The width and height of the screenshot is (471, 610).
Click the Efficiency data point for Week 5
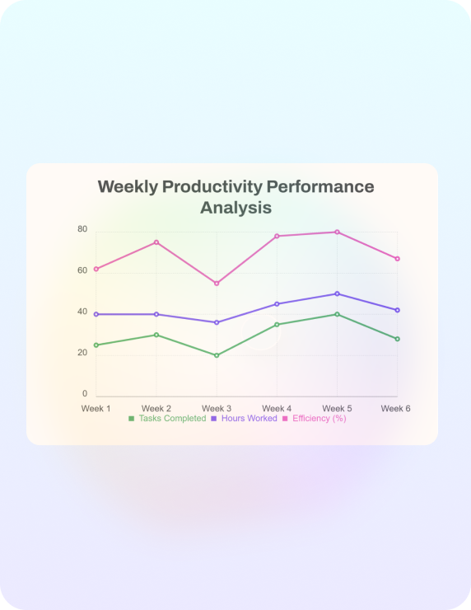tap(337, 232)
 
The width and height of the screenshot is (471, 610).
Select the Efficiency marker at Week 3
tap(217, 284)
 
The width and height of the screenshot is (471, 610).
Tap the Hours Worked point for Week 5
tap(337, 293)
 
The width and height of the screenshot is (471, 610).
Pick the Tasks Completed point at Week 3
tap(217, 355)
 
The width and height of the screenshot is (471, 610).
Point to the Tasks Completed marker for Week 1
tap(96, 345)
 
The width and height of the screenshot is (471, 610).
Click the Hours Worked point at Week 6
tap(397, 310)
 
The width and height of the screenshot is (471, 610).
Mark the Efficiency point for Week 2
tap(156, 242)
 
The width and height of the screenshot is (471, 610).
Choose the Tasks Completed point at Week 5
tap(337, 314)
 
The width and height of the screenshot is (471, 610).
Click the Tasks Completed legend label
tap(173, 419)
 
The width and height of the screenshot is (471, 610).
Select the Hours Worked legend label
tap(249, 419)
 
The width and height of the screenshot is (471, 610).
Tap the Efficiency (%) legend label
tap(319, 419)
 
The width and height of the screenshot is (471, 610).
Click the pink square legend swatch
tap(285, 419)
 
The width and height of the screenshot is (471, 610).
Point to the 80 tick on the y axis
tap(82, 229)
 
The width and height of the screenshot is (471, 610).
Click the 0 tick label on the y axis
tap(85, 394)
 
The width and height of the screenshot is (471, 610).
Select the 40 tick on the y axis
tap(82, 312)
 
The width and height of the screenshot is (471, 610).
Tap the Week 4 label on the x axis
tap(277, 409)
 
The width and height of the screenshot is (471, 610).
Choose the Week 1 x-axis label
tap(96, 409)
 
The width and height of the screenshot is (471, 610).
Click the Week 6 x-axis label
tap(395, 409)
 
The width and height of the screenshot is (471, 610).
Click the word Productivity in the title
tap(212, 187)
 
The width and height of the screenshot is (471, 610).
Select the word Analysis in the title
tap(235, 208)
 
